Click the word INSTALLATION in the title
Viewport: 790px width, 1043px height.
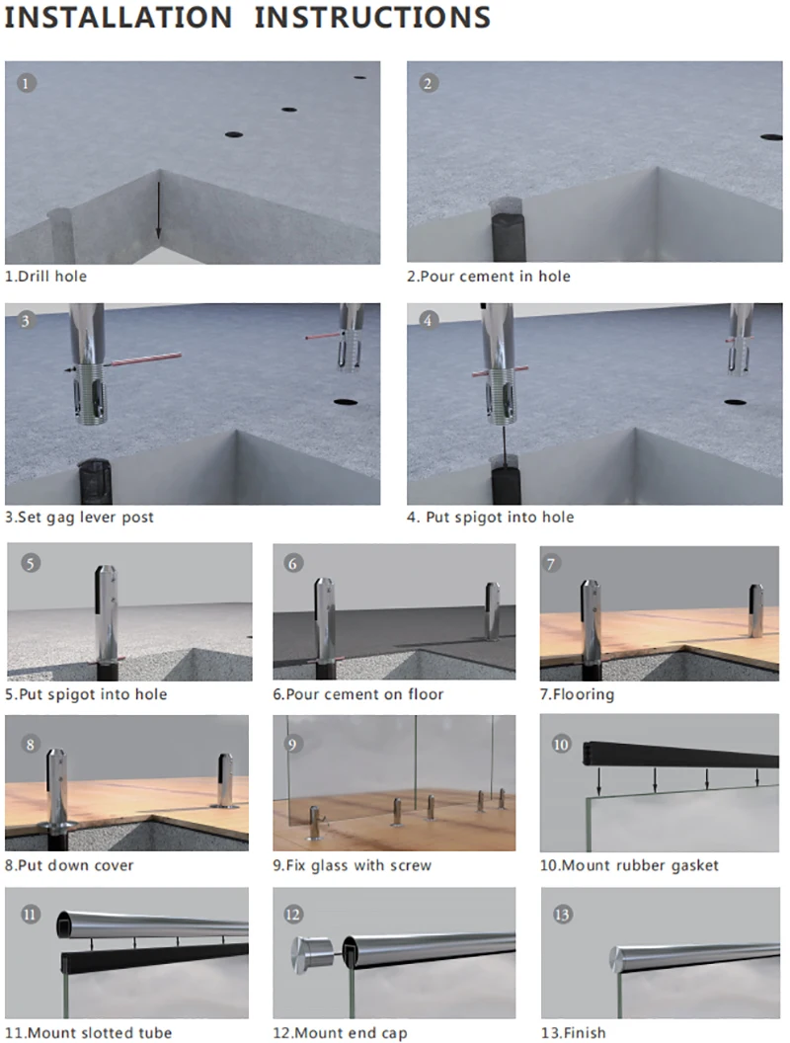tap(118, 18)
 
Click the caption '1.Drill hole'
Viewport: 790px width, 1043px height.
tap(45, 277)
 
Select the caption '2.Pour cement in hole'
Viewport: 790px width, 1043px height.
tap(489, 277)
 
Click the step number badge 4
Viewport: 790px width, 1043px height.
tap(428, 321)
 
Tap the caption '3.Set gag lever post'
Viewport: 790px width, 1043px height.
tap(79, 518)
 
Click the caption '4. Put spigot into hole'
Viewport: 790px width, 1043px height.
tap(490, 518)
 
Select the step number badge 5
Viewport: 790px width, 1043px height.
tap(31, 563)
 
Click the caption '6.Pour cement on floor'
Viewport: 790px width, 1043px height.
tap(358, 694)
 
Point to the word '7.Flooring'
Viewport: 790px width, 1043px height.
tap(577, 694)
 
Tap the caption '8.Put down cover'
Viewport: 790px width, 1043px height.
tap(69, 866)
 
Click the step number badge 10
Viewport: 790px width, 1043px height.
tap(561, 744)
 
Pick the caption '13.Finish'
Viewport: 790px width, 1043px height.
tap(572, 1033)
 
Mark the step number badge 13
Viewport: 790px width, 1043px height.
tap(562, 915)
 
